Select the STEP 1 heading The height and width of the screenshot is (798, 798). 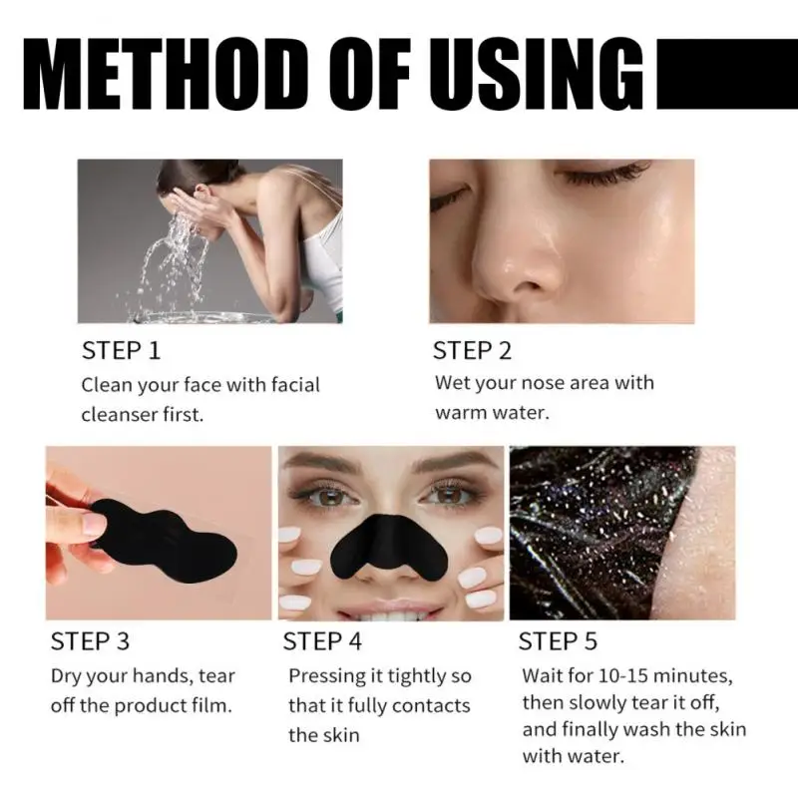[121, 351]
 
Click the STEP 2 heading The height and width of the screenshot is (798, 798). [472, 351]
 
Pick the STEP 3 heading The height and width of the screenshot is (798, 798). [90, 640]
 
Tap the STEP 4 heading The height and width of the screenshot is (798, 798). [323, 640]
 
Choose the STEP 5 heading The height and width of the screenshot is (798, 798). [559, 640]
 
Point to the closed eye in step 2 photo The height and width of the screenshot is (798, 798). [603, 177]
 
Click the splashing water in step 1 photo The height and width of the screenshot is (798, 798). [170, 259]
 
